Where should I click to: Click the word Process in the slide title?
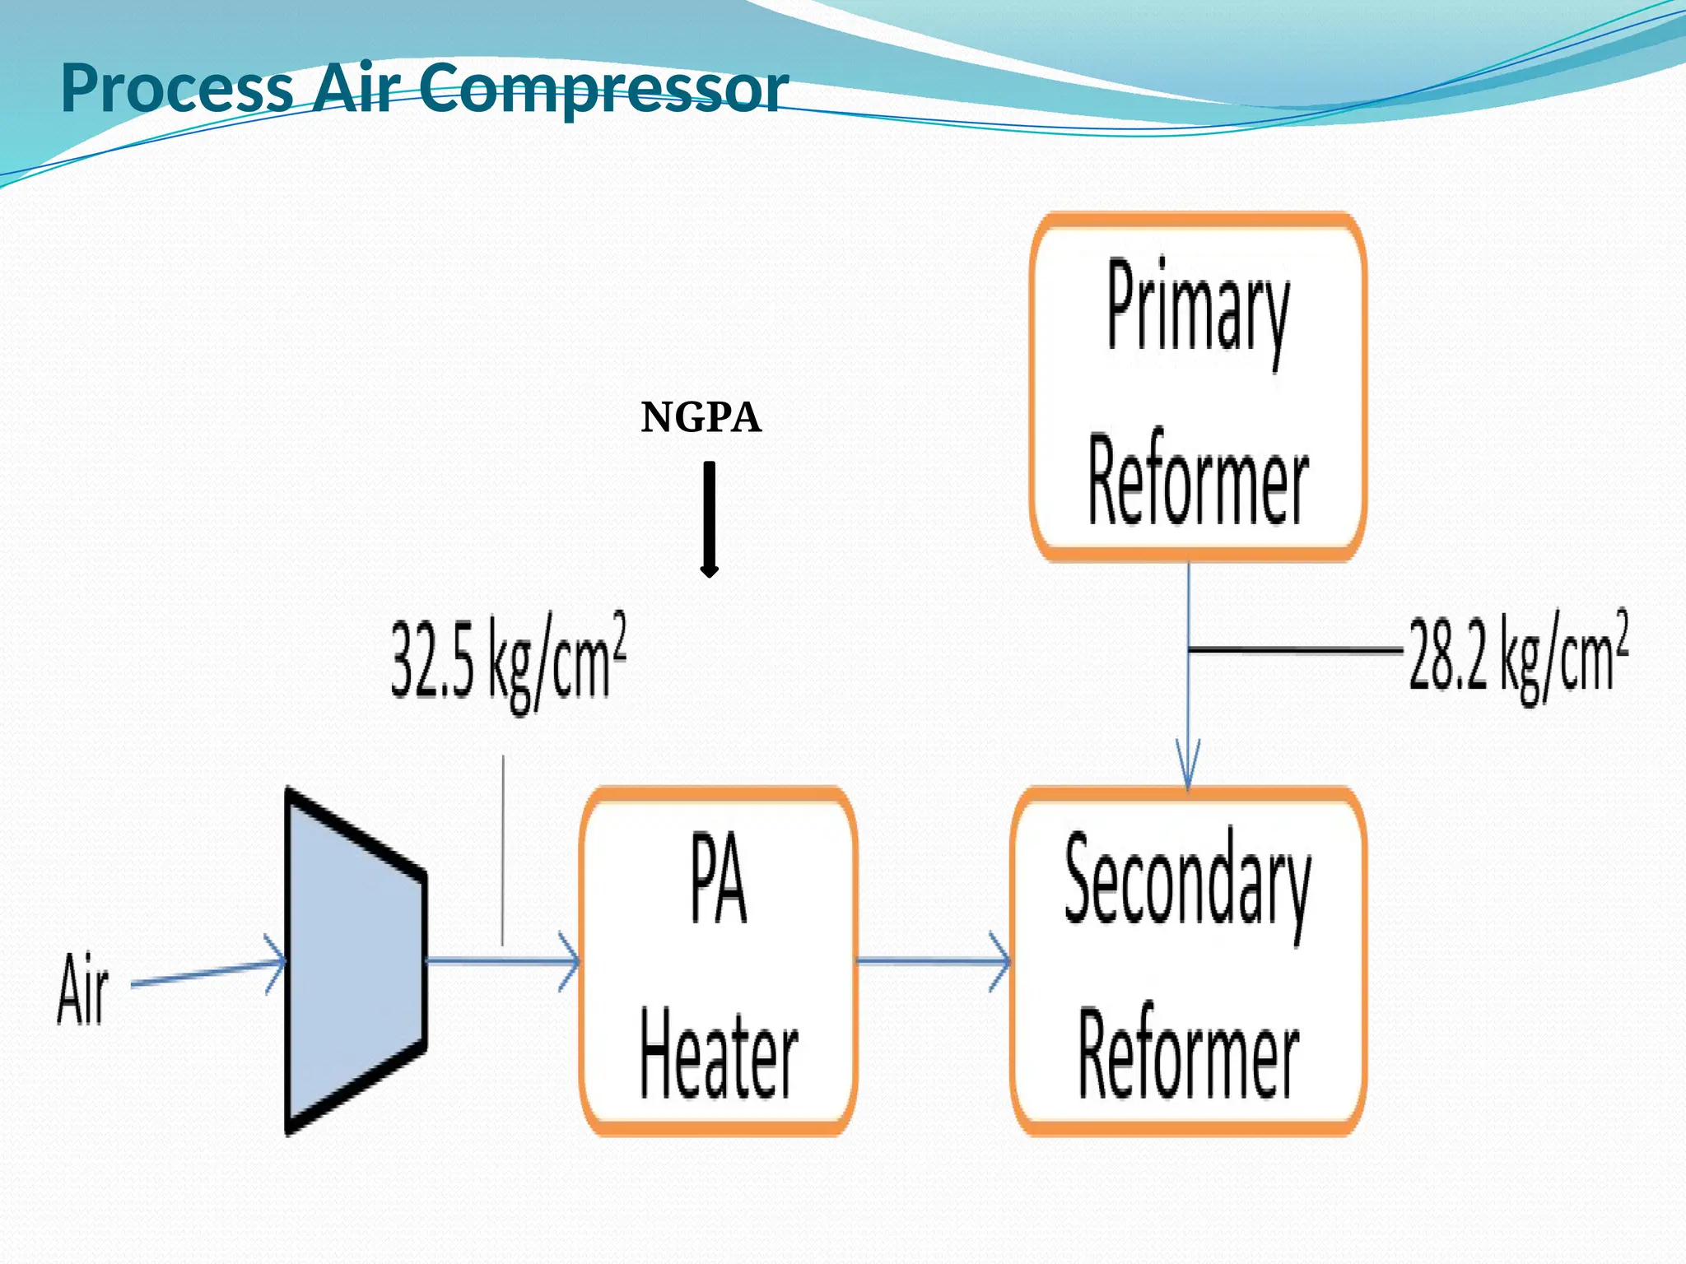pos(177,88)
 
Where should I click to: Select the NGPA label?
pos(701,417)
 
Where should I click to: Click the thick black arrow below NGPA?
pos(709,518)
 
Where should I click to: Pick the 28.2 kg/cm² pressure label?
pos(1517,657)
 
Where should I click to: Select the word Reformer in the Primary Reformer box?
pos(1198,480)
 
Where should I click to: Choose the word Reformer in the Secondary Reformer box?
pos(1187,1054)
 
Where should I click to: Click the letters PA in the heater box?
pos(718,879)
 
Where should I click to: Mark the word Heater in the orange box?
pos(718,1056)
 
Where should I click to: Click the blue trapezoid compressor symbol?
pos(354,961)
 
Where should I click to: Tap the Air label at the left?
pos(82,989)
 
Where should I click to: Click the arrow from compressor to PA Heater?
pos(502,960)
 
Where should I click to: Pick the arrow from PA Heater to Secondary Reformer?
pos(933,960)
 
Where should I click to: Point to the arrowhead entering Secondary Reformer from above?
pos(1187,765)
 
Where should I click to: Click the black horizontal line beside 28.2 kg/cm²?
pos(1297,650)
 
